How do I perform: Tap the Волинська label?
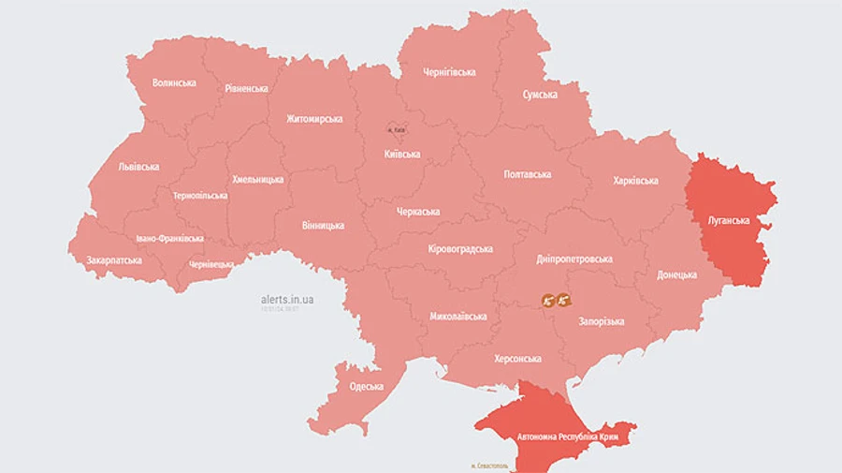[x=174, y=82]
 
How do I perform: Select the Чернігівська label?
[x=449, y=72]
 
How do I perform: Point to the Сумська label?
[x=540, y=95]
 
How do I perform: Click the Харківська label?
[x=635, y=181]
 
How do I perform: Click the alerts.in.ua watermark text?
[x=287, y=300]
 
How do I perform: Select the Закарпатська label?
[x=114, y=260]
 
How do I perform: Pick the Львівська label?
[x=138, y=167]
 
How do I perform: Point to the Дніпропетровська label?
[x=574, y=259]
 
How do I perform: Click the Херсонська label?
[x=517, y=359]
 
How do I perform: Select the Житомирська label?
[x=313, y=119]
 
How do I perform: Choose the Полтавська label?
[x=527, y=174]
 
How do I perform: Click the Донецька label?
[x=676, y=275]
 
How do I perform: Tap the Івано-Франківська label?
[x=168, y=239]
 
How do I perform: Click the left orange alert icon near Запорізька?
[x=548, y=301]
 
